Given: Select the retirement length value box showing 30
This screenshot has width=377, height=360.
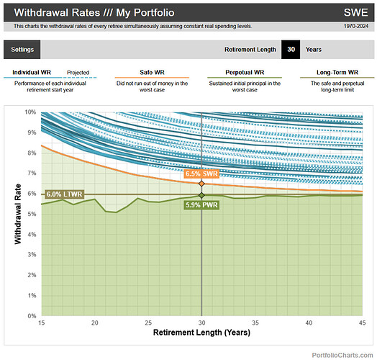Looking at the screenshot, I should pos(290,49).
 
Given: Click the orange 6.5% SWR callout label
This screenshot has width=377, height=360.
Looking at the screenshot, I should pos(201,174).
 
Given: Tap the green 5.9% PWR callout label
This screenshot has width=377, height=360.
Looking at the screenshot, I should pos(201,205).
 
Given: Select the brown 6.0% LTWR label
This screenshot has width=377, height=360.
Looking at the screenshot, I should pos(64,194).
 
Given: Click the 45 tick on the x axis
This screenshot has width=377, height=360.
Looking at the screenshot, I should pos(363,323).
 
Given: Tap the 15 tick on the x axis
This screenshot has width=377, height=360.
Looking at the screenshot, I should pos(41,323).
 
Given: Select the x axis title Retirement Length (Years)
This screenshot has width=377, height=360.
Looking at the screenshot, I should pos(201,333).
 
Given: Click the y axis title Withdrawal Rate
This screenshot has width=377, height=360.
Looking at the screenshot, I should pos(17,214).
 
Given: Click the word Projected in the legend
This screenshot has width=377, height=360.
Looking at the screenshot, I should pos(78,73).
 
